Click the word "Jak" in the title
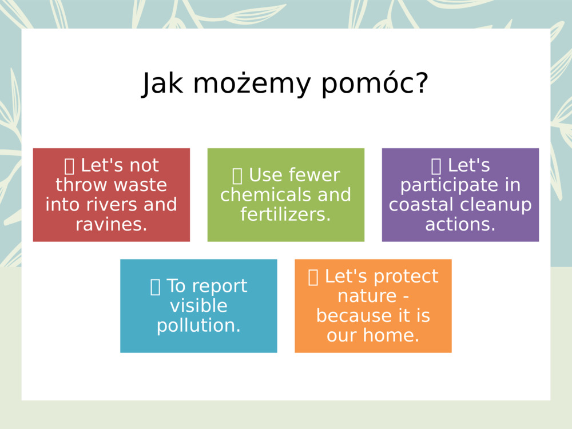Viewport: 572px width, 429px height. (x=163, y=84)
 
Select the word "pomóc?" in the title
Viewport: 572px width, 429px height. (x=375, y=84)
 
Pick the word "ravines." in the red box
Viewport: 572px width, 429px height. (x=112, y=224)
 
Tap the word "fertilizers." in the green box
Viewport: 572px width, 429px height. (x=286, y=214)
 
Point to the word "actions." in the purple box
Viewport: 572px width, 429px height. (x=460, y=224)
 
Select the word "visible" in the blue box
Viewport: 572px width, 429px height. (x=198, y=306)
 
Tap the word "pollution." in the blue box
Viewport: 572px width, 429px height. (x=198, y=325)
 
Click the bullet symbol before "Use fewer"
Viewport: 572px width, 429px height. (x=237, y=176)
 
